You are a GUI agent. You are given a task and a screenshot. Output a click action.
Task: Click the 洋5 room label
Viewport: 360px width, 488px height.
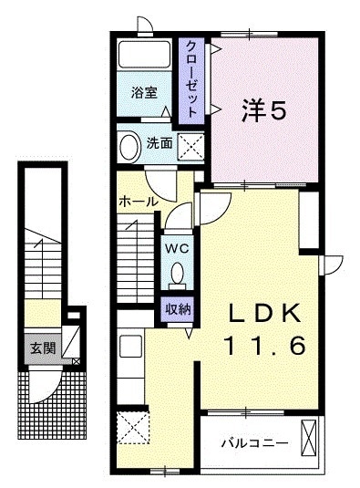[x=264, y=110]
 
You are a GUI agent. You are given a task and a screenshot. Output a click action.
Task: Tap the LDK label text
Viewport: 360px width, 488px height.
[x=264, y=312]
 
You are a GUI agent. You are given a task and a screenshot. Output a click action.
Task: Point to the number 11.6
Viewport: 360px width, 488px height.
[x=264, y=347]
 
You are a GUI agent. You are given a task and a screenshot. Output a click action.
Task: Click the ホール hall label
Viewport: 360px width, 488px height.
[x=137, y=200]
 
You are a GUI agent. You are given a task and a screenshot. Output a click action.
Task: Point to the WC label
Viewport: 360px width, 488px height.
[x=177, y=246]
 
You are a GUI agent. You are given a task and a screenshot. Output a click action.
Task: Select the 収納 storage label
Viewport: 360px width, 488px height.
[x=177, y=308]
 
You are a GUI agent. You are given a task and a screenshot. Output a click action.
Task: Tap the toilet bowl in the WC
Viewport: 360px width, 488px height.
[x=178, y=273]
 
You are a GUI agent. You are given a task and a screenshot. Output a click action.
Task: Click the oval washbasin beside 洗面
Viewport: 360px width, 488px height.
[x=130, y=145]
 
